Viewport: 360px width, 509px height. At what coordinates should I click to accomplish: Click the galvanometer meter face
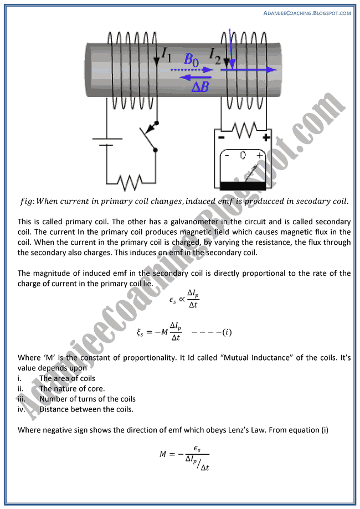pyautogui.click(x=243, y=164)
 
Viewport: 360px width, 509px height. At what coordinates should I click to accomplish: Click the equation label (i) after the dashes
pyautogui.click(x=226, y=332)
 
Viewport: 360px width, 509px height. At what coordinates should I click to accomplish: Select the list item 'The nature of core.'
pyautogui.click(x=72, y=389)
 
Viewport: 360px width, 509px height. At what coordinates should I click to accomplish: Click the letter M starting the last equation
pyautogui.click(x=163, y=455)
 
